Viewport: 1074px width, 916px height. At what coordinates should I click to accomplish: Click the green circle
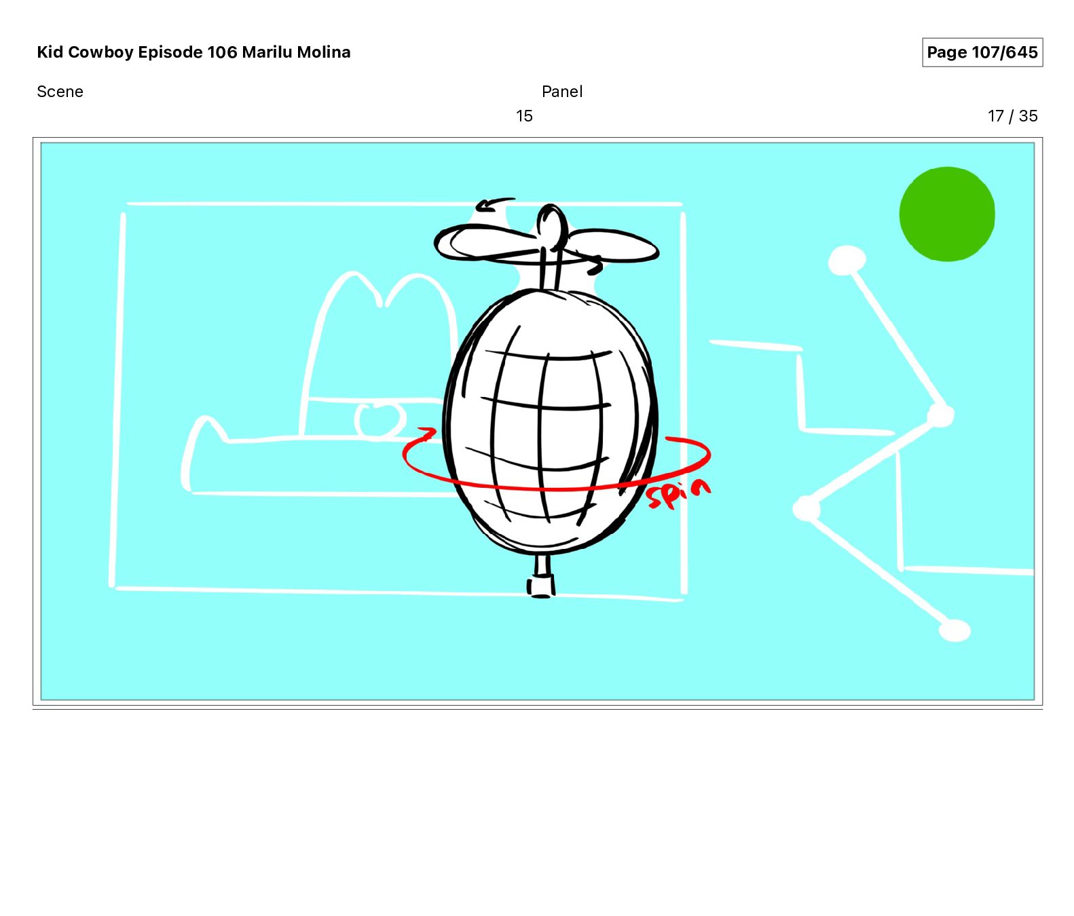click(x=947, y=214)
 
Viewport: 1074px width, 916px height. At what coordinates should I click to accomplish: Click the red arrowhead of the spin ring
click(x=426, y=433)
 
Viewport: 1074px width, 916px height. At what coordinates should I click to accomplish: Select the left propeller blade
click(x=486, y=244)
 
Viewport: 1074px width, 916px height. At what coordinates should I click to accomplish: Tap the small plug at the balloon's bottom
click(x=541, y=584)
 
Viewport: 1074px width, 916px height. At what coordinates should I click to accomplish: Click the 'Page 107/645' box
click(x=982, y=52)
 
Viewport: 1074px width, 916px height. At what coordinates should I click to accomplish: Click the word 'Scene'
click(x=60, y=92)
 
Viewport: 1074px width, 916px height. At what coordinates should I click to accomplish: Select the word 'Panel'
click(x=562, y=92)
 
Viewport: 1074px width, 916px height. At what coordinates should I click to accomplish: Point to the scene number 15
click(x=524, y=116)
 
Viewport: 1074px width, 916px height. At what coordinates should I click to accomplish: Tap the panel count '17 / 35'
click(x=1013, y=116)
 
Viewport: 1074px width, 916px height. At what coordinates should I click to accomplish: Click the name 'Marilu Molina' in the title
click(x=296, y=52)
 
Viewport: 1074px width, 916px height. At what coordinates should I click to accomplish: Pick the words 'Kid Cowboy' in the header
click(x=86, y=52)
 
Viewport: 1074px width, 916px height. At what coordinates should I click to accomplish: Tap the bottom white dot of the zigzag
click(x=955, y=630)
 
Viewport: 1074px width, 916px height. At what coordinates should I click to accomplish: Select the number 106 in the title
click(x=222, y=52)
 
